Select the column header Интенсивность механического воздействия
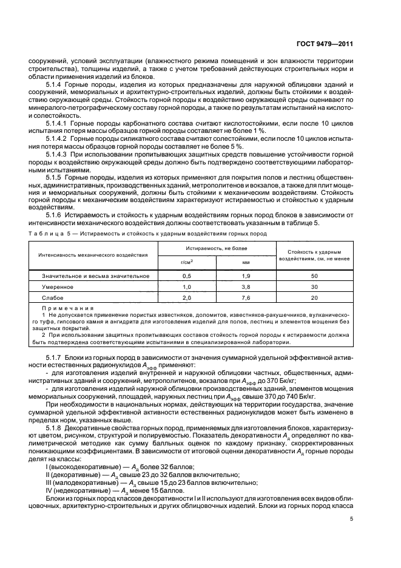tap(93, 255)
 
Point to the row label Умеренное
tap(58, 286)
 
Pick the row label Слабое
tap(53, 299)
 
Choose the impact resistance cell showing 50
tap(314, 276)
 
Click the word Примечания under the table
tap(63, 309)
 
